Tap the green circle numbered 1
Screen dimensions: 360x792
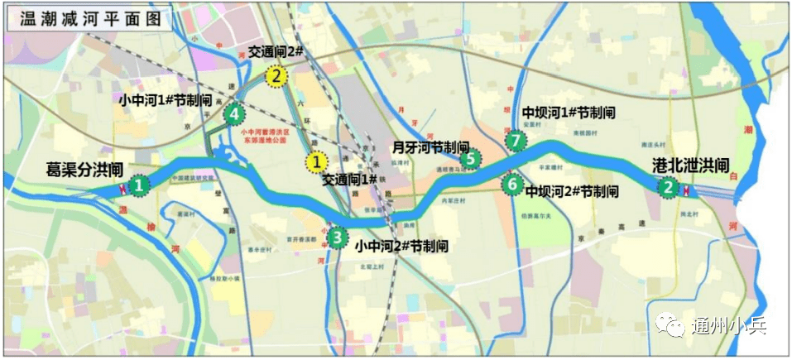[140, 185]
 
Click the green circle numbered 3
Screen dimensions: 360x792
[337, 238]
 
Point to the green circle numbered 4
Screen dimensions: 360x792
[235, 113]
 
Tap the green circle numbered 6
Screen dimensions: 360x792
[513, 184]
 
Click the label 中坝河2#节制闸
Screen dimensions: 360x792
[572, 192]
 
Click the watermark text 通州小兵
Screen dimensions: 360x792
[728, 325]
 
